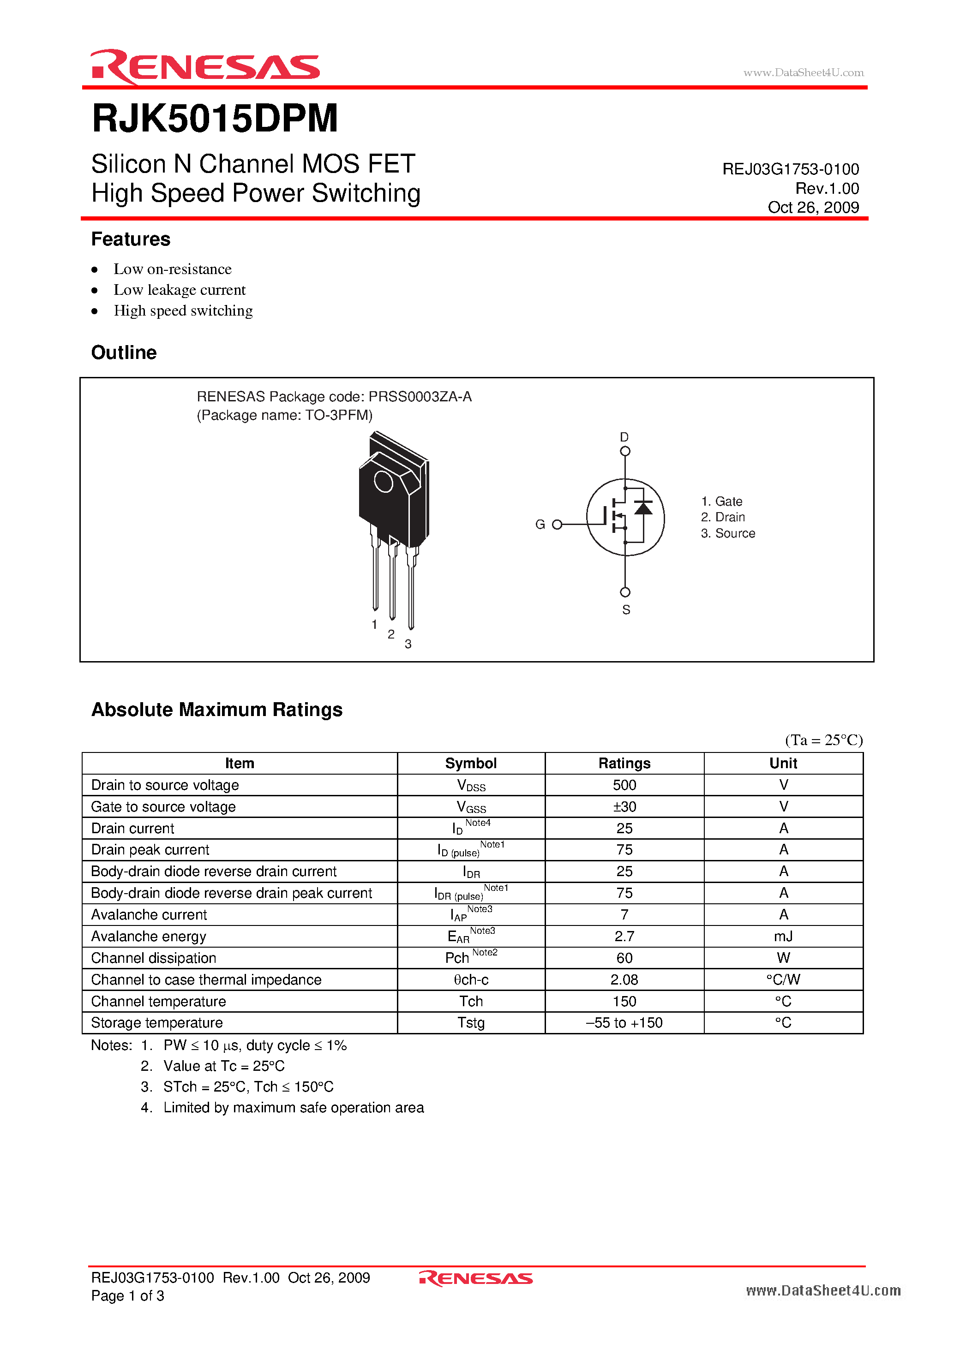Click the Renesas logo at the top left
pyautogui.click(x=204, y=66)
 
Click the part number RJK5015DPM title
pyautogui.click(x=215, y=119)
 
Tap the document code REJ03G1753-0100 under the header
pyautogui.click(x=790, y=169)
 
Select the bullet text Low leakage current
pyautogui.click(x=179, y=290)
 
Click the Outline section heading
pyautogui.click(x=124, y=352)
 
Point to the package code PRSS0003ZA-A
pyautogui.click(x=420, y=397)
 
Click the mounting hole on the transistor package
pyautogui.click(x=383, y=482)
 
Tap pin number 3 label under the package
pyautogui.click(x=408, y=644)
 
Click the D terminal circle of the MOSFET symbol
pyautogui.click(x=625, y=451)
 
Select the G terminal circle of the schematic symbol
pyautogui.click(x=557, y=524)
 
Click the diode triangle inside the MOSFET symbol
pyautogui.click(x=644, y=508)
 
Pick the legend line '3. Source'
pyautogui.click(x=728, y=533)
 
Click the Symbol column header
pyautogui.click(x=471, y=763)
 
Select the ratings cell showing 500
pyautogui.click(x=624, y=785)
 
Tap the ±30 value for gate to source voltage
pyautogui.click(x=624, y=807)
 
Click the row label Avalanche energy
pyautogui.click(x=149, y=937)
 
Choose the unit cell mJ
pyautogui.click(x=783, y=937)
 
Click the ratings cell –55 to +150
pyautogui.click(x=624, y=1023)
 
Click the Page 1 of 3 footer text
pyautogui.click(x=127, y=1295)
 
